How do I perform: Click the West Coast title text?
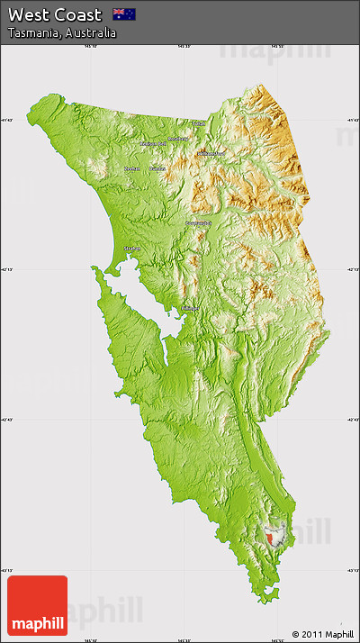coord(55,14)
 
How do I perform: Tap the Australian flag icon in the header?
coord(123,14)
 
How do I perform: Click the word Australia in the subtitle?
coord(90,32)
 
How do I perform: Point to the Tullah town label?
coord(198,123)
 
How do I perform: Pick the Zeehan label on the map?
coord(132,168)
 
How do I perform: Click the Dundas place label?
coord(157,168)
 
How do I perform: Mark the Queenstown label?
coord(198,222)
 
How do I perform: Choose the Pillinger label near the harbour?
coord(190,308)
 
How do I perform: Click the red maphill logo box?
coord(37,605)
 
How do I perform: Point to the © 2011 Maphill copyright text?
coord(323,634)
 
